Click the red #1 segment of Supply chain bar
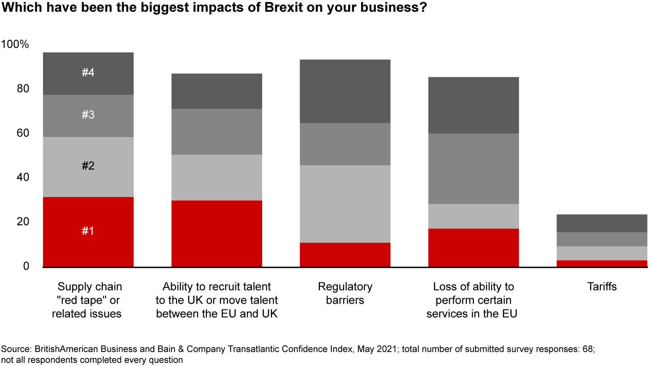click(88, 232)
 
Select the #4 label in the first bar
click(88, 72)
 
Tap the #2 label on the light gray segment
click(88, 166)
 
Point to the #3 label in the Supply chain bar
click(88, 115)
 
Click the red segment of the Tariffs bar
click(602, 263)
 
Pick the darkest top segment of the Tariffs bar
click(602, 223)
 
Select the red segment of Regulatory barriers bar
click(345, 255)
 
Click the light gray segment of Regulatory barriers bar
click(345, 204)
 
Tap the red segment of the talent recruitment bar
click(217, 234)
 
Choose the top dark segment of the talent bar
click(217, 91)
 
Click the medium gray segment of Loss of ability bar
click(474, 169)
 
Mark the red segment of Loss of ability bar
click(474, 248)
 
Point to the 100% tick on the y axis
click(15, 45)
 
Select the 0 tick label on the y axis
click(26, 267)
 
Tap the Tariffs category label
click(602, 286)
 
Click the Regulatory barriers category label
click(345, 293)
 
